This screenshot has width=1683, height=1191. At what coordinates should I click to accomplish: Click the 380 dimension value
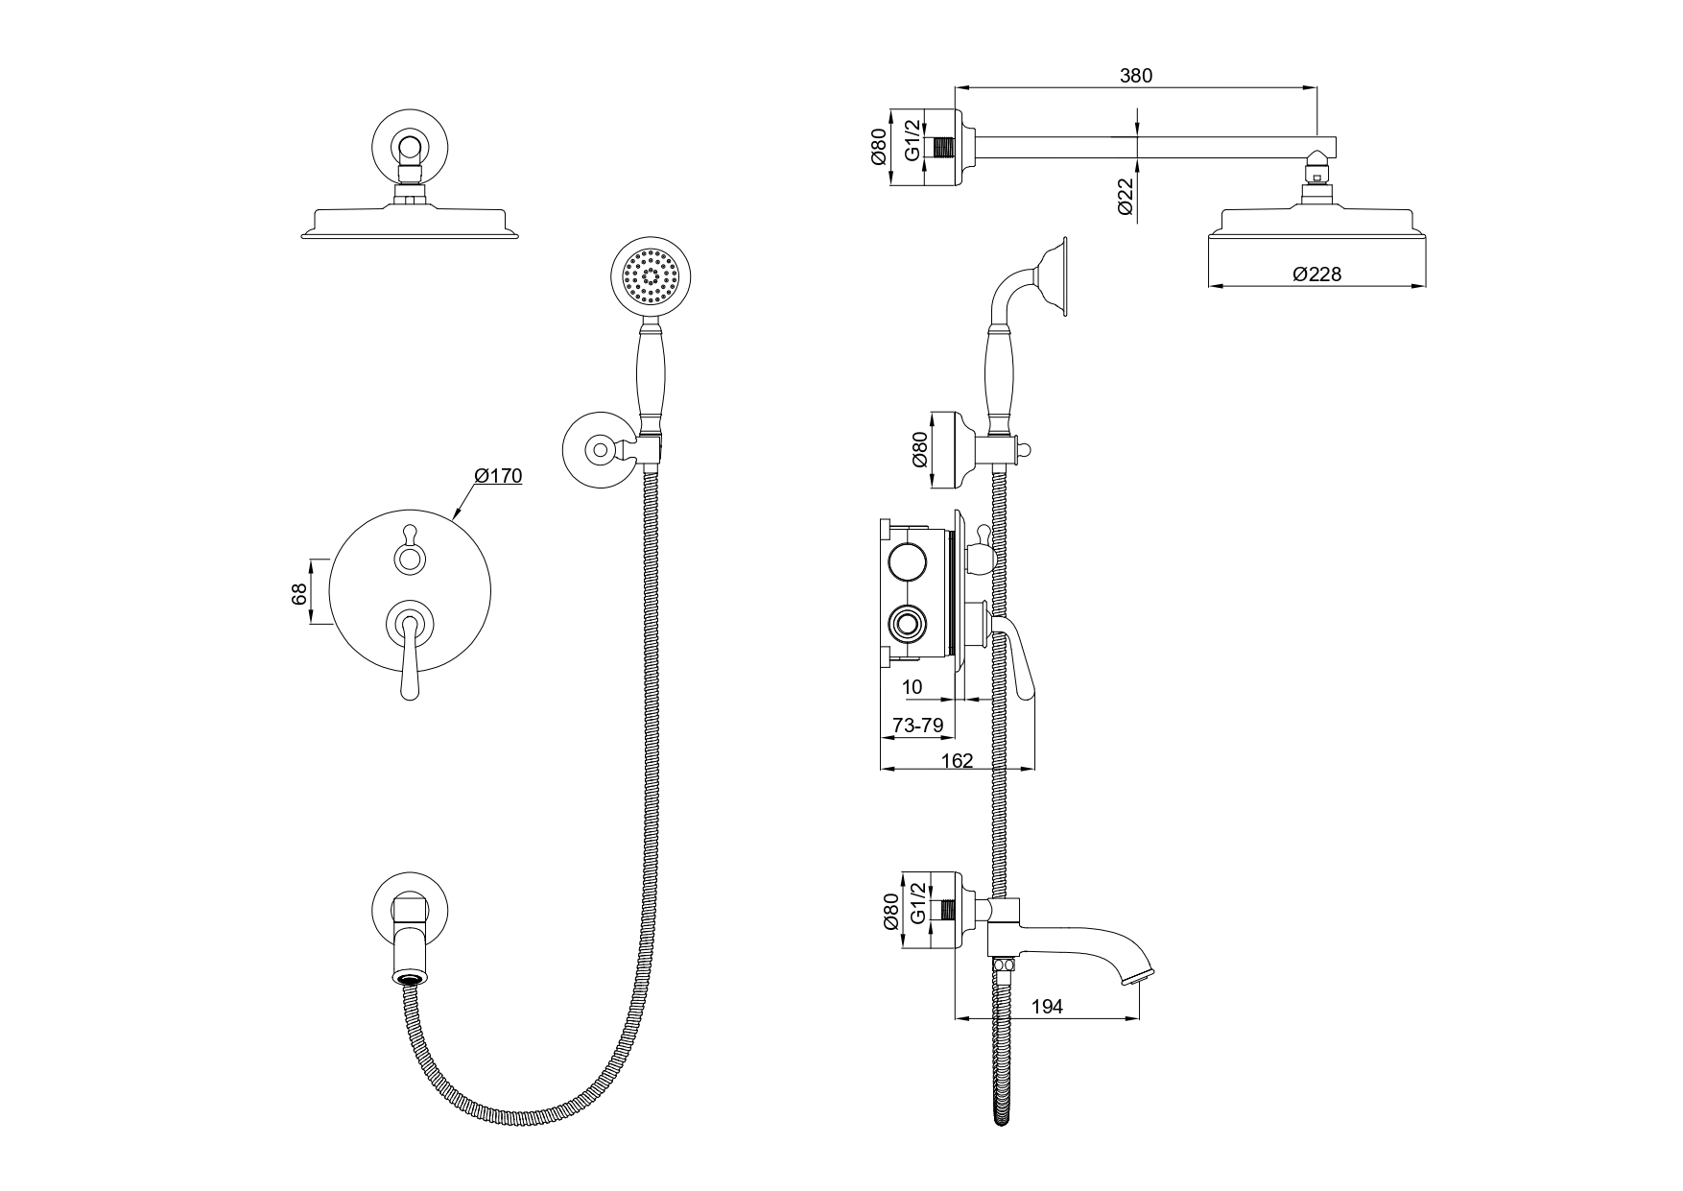point(1135,76)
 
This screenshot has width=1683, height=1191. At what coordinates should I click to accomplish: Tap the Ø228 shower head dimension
point(1316,274)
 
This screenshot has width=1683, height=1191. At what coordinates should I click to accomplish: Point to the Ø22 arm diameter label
point(1126,197)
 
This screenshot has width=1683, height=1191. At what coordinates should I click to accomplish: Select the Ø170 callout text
point(498,476)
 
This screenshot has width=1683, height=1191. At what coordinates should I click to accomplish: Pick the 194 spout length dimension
point(1047,1007)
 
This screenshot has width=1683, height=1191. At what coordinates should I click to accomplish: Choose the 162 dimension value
point(958,760)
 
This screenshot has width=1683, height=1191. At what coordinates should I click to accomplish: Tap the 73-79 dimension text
point(917,727)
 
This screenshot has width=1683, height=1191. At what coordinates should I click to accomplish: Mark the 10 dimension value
point(913,687)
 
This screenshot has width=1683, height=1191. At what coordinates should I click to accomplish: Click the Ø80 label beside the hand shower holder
point(920,448)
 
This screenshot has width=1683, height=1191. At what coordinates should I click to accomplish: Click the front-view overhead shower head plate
point(412,222)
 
